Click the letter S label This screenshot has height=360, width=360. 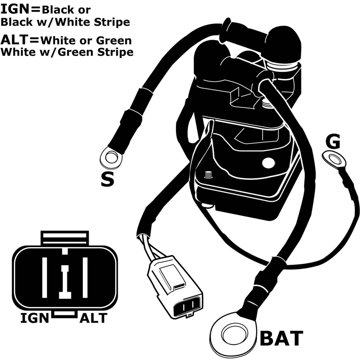click(x=107, y=179)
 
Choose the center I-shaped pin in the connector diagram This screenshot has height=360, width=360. click(x=65, y=282)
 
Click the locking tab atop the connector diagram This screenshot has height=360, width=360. click(x=65, y=238)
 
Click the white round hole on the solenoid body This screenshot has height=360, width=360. click(x=269, y=163)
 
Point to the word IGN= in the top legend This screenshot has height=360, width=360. click(x=21, y=10)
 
